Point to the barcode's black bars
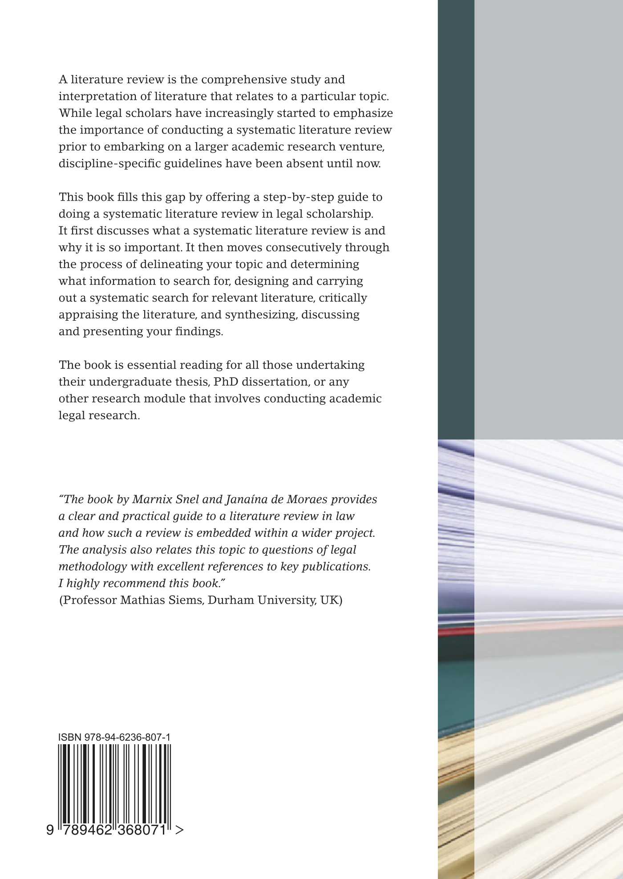click(114, 783)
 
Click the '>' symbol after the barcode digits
click(179, 830)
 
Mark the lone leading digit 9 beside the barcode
click(50, 830)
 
